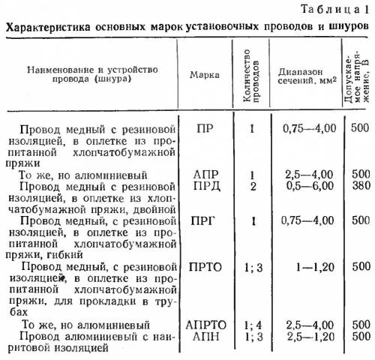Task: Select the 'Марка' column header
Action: tap(204, 75)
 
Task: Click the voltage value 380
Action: tap(359, 185)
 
